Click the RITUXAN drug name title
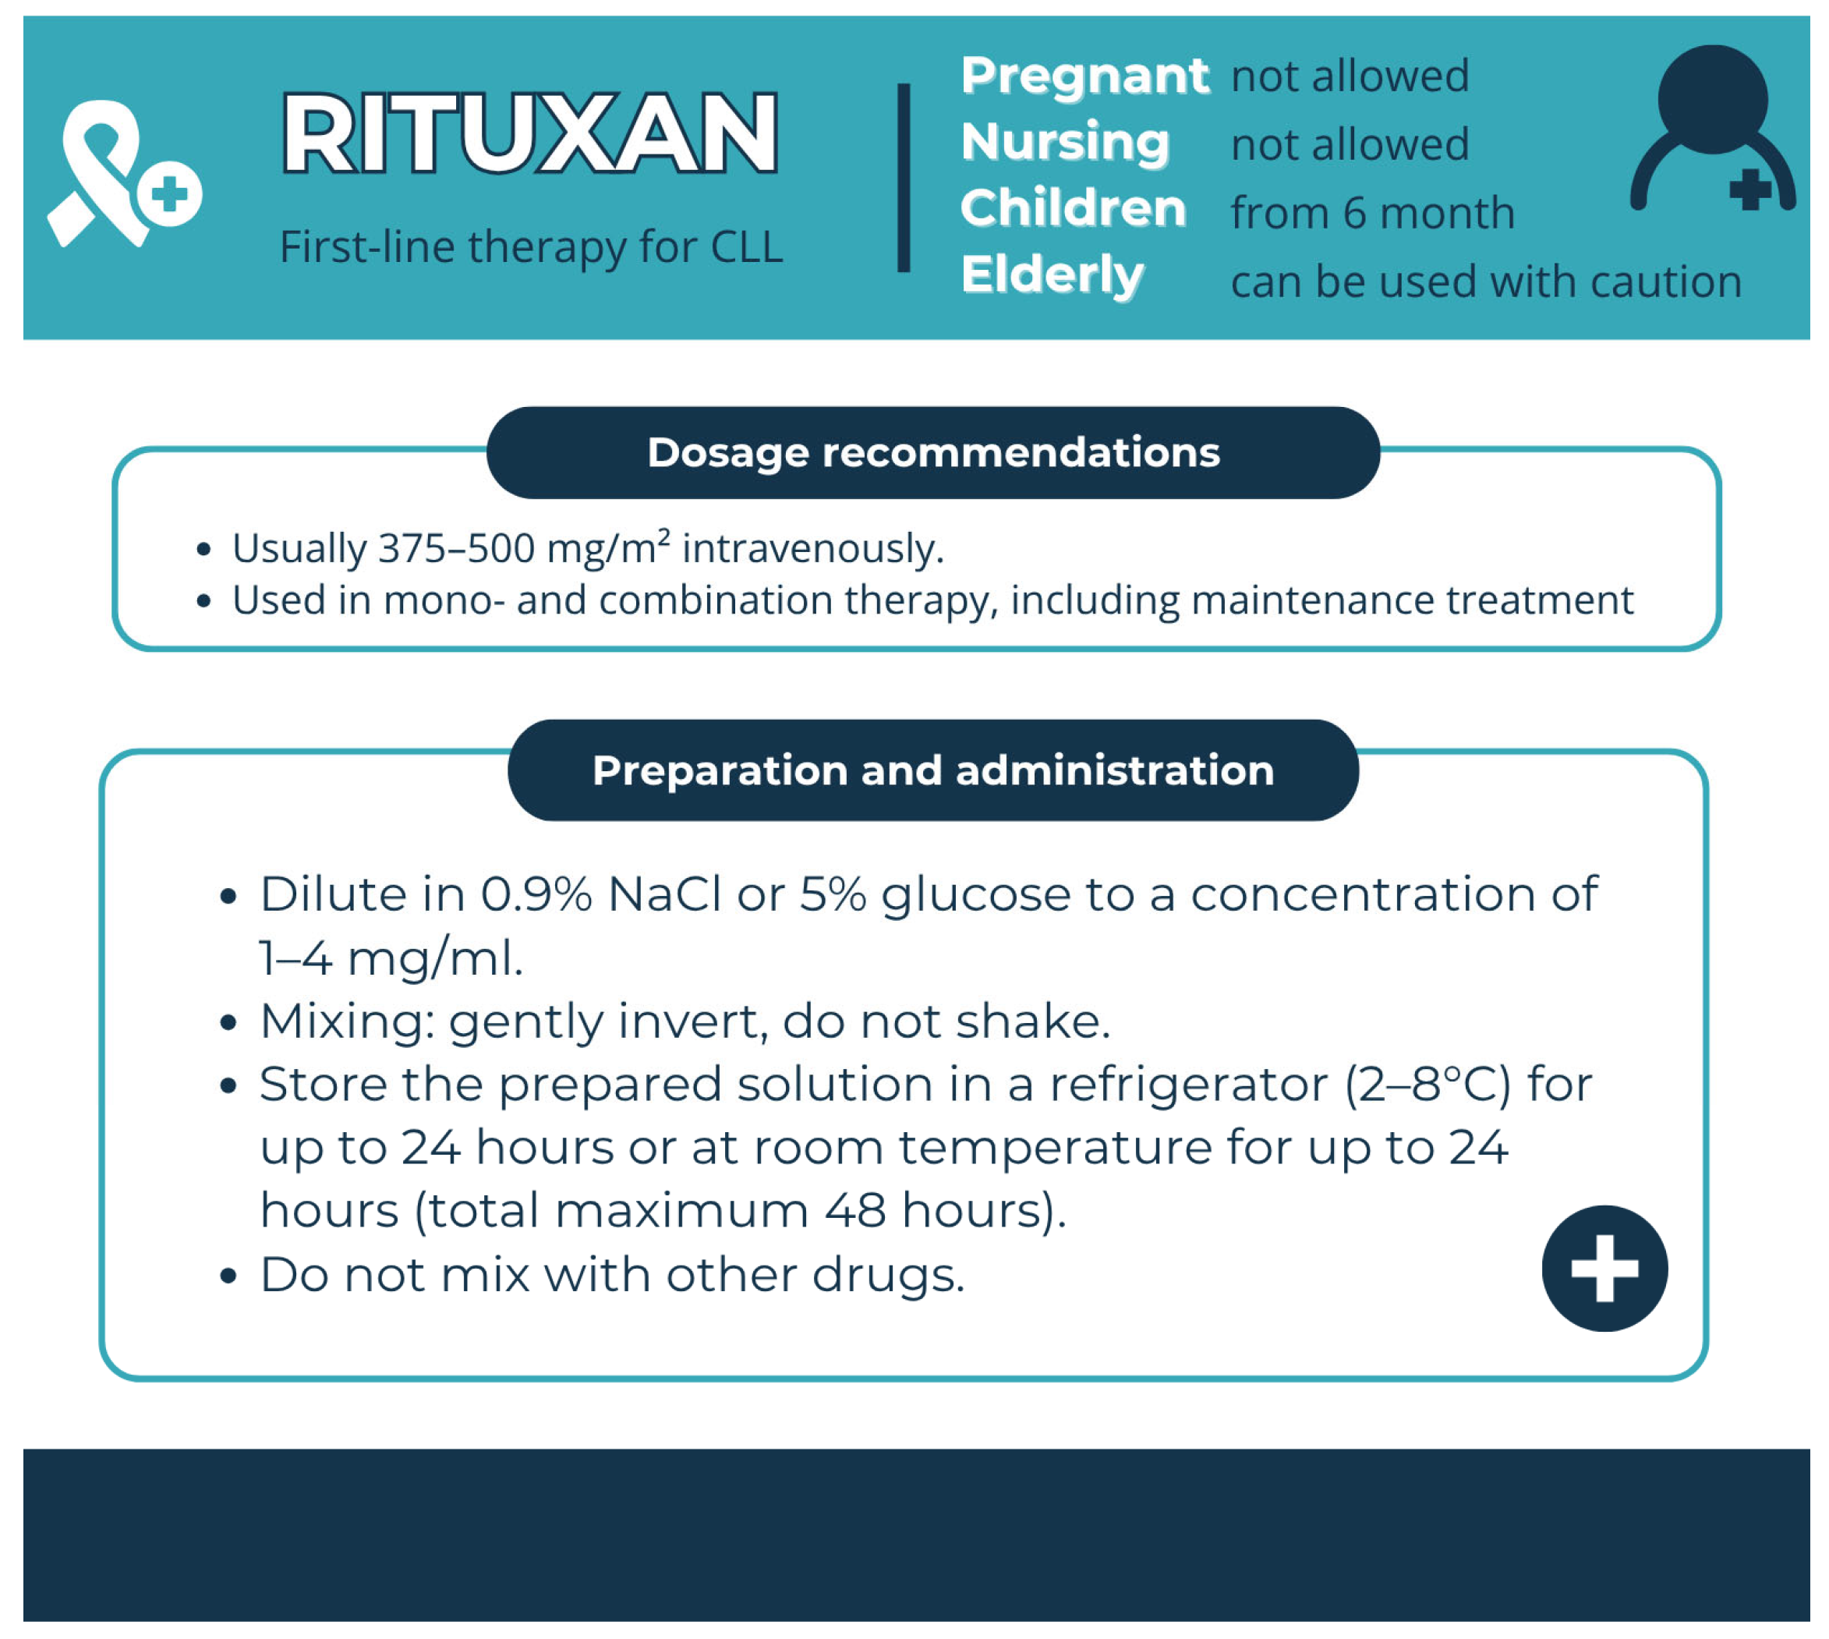pos(529,133)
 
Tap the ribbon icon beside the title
pos(106,171)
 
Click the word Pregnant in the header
pos(1084,75)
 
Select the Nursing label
pos(1064,142)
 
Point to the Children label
pos(1072,208)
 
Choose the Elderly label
pos(1051,274)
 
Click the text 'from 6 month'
pos(1371,214)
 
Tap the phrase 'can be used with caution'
pos(1485,281)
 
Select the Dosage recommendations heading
pos(933,452)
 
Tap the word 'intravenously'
pos(811,548)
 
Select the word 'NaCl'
pos(663,894)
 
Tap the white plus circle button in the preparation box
pos(1604,1268)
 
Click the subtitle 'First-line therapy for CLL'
pos(530,246)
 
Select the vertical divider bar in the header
pos(904,178)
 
